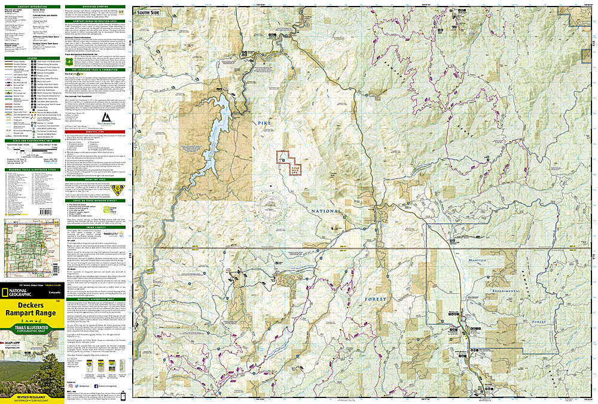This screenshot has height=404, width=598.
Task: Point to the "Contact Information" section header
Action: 32,6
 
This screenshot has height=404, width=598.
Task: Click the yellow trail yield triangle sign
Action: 115,190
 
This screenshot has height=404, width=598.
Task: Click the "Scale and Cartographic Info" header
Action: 32,140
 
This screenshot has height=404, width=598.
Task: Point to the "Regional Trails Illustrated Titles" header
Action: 32,169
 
